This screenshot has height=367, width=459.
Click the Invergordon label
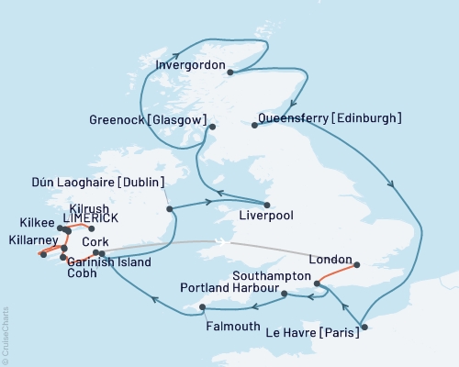coord(190,65)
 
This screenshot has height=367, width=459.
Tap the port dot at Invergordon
coord(231,73)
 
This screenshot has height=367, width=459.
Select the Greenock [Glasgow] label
coord(147,120)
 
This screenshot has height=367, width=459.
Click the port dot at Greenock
coord(211,127)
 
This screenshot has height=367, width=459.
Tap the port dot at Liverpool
coord(267,205)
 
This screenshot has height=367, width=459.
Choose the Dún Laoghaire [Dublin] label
coord(89,181)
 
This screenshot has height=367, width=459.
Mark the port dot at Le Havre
coord(364,327)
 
